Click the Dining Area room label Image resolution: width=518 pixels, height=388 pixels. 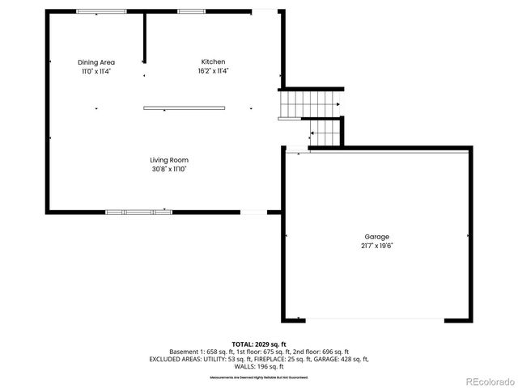coord(96,62)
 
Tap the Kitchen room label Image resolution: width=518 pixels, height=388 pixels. coord(213,61)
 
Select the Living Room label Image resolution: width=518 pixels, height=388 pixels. coord(169,160)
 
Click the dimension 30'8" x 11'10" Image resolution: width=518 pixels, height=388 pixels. coord(169,170)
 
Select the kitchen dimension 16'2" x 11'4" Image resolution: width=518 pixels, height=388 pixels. coord(213,71)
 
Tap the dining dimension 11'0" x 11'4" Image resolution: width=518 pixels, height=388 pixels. coord(96,71)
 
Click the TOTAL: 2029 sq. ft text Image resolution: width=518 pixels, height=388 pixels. coord(259,344)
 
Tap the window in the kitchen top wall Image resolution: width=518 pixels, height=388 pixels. coord(191,11)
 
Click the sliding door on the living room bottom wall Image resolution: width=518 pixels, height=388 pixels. coord(138,212)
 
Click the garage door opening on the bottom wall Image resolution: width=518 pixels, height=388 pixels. coord(372,318)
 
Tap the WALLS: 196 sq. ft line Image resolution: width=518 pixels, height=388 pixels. coord(259,366)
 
